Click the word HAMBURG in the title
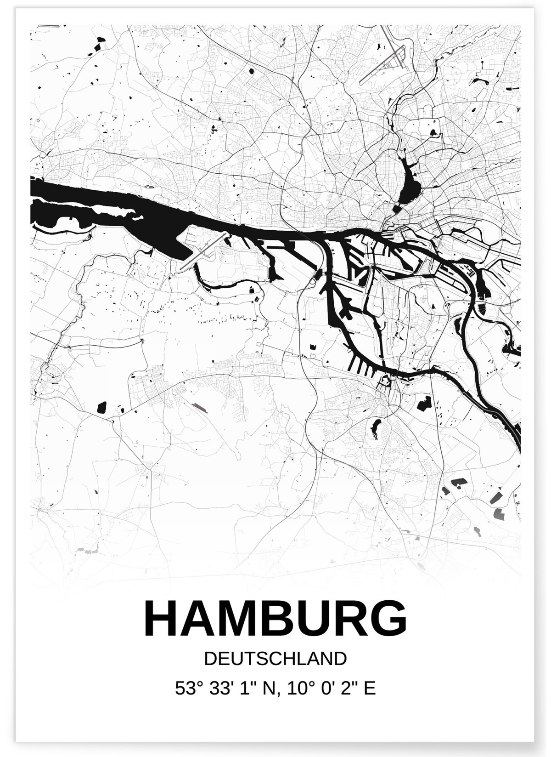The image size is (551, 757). point(275,619)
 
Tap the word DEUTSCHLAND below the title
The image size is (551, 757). point(275,659)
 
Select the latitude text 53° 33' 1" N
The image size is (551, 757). point(225,688)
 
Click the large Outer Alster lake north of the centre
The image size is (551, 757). point(409,182)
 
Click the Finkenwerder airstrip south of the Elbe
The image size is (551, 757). point(202,250)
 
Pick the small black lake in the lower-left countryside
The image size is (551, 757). point(102,407)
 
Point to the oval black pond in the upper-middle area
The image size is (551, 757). point(252,71)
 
